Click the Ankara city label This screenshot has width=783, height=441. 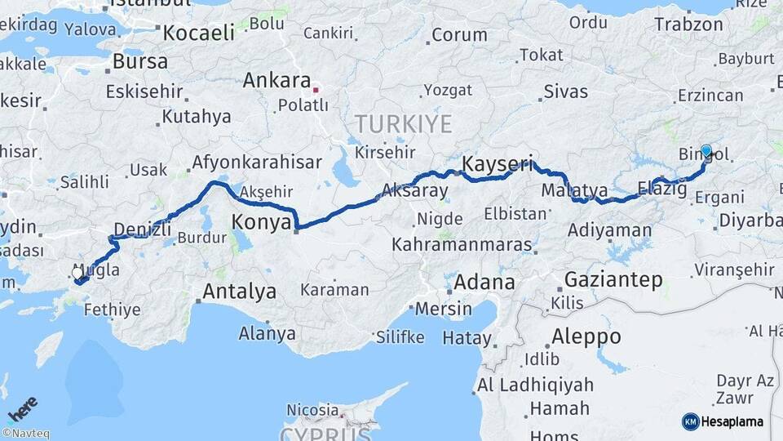[x=276, y=81]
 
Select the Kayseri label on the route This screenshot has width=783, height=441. [x=491, y=165]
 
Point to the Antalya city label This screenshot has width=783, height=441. [x=239, y=292]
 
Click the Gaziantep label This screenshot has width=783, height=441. [x=613, y=280]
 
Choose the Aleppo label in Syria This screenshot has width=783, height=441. [x=586, y=336]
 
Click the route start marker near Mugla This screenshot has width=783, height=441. [x=78, y=273]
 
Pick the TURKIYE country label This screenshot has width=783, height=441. [x=403, y=125]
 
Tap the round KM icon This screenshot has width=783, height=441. [x=690, y=421]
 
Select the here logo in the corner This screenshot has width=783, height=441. [x=22, y=408]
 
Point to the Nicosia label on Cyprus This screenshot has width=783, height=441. [x=312, y=410]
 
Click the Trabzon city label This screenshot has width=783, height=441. [x=688, y=24]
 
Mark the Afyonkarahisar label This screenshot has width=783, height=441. [x=257, y=163]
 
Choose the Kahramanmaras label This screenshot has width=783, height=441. [x=462, y=244]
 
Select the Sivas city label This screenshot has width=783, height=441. [x=565, y=91]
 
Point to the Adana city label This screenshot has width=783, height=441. [x=484, y=283]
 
